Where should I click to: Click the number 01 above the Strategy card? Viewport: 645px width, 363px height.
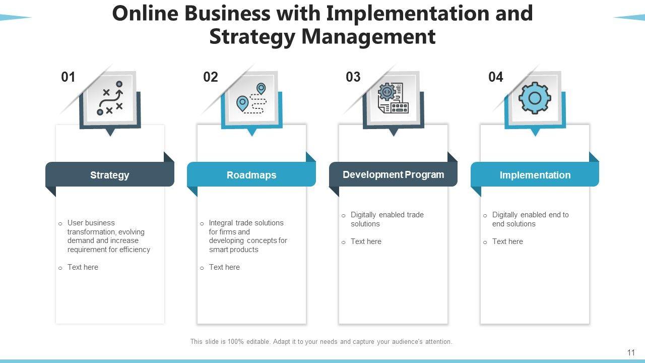tap(68, 77)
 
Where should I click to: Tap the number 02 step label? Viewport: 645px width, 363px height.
tap(211, 77)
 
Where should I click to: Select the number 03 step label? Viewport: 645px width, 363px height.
tap(353, 77)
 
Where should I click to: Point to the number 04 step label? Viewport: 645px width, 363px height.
tap(496, 77)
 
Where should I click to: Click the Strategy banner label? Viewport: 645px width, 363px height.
tap(109, 175)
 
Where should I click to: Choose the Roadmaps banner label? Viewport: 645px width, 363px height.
tap(251, 175)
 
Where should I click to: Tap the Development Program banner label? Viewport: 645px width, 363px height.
tap(393, 174)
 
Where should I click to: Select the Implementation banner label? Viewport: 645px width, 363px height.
tap(535, 175)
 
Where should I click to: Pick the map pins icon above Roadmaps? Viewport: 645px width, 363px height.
tap(251, 98)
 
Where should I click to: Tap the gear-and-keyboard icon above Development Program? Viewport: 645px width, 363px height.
tap(393, 98)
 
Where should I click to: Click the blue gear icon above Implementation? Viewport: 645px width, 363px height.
tap(535, 98)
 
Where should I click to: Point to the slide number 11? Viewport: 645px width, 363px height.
tap(631, 353)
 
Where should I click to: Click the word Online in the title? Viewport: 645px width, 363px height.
tap(145, 14)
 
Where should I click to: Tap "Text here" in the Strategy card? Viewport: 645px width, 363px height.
tap(83, 267)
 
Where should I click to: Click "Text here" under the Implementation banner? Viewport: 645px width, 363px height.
tap(507, 241)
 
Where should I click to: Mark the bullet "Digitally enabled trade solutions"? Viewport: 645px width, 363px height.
tap(387, 219)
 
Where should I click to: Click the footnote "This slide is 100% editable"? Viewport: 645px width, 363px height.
tap(321, 342)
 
